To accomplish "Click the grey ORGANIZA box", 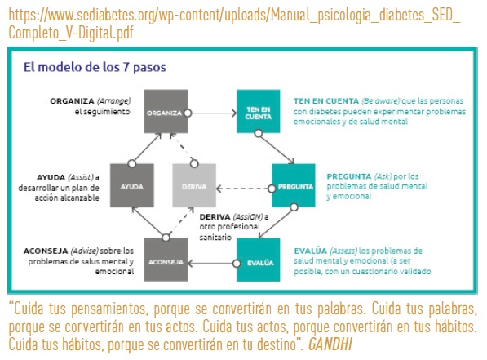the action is (166, 111).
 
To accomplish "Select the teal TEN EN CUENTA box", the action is (258, 111).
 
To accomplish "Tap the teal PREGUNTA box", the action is (294, 185).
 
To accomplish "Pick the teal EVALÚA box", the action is (258, 260).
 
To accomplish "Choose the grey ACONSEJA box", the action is (166, 260).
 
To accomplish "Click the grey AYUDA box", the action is (132, 185).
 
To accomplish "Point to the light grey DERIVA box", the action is (194, 185).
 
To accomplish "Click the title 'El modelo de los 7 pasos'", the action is (95, 67).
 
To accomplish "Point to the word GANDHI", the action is (330, 344).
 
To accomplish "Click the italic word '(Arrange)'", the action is (113, 101).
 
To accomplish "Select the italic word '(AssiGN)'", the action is (247, 216).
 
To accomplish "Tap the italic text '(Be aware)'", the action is (380, 101).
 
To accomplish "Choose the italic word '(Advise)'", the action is (85, 251).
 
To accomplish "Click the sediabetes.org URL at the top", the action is (234, 24).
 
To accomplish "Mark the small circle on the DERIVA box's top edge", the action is (194, 163).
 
